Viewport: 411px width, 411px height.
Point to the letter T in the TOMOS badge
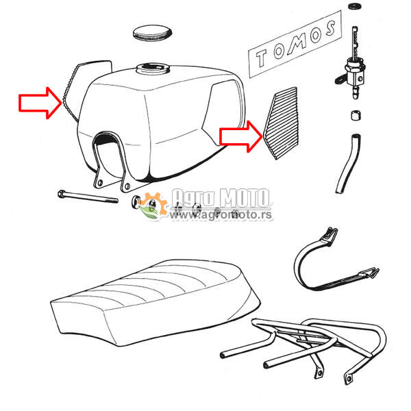click(262, 58)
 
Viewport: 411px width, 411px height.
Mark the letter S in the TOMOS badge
click(329, 29)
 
